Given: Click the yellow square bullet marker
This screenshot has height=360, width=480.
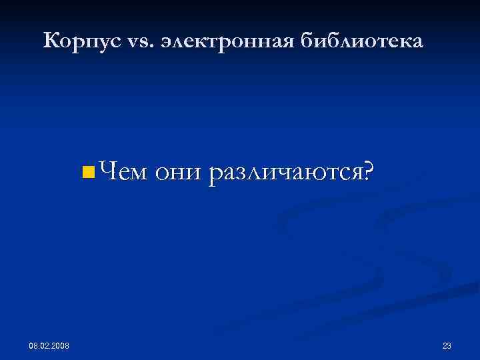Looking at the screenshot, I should (x=85, y=174).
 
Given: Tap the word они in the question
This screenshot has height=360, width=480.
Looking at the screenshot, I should (x=178, y=173).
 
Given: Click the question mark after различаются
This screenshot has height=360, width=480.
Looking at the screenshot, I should (x=367, y=173).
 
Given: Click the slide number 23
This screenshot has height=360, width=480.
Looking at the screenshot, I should (x=447, y=345).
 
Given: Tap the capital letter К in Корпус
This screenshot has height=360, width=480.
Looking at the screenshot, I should (x=50, y=41).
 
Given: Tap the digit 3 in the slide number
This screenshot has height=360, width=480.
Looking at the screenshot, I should (x=449, y=345).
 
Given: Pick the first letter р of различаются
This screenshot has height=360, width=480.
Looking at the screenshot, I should (x=215, y=176).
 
